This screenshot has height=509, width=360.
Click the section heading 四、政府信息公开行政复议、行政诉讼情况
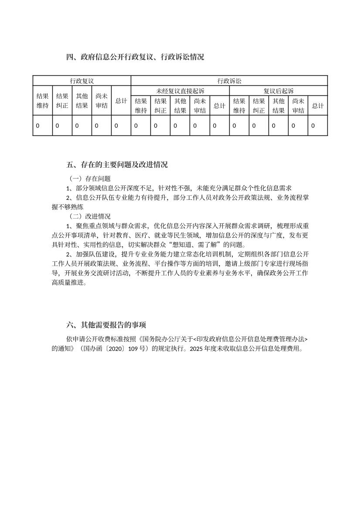click(x=136, y=57)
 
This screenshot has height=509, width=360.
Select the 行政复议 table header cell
click(x=82, y=81)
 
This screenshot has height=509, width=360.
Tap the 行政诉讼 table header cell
click(x=229, y=81)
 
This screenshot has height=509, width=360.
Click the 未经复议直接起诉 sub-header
click(x=180, y=91)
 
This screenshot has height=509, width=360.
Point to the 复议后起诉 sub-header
click(x=278, y=91)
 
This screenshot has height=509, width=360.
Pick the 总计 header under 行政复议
click(x=121, y=101)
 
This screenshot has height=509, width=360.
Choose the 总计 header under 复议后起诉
click(x=318, y=106)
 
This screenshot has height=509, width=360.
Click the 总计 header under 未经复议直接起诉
click(x=220, y=106)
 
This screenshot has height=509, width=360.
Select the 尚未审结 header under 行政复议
click(x=102, y=101)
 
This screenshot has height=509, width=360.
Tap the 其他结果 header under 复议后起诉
click(x=278, y=106)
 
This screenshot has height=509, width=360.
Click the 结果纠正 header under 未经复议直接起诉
click(x=160, y=106)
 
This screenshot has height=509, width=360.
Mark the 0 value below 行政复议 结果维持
click(x=37, y=126)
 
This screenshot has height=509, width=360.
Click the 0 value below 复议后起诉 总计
click(x=313, y=126)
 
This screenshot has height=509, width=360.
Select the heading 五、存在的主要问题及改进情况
click(x=117, y=165)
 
